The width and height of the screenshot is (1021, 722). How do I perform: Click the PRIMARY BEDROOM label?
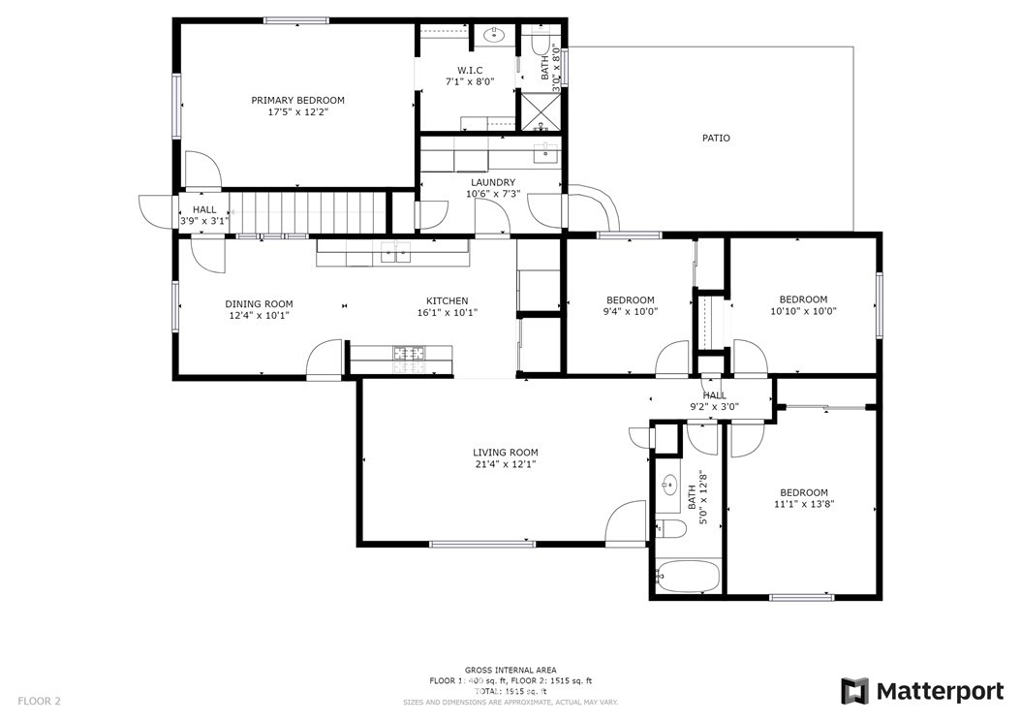click(x=297, y=100)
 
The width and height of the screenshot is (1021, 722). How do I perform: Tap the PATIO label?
click(x=716, y=138)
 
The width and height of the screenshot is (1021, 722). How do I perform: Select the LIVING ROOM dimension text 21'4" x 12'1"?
click(x=505, y=464)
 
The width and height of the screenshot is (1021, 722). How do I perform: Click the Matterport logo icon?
click(x=854, y=691)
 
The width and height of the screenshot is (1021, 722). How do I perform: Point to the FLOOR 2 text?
click(x=39, y=700)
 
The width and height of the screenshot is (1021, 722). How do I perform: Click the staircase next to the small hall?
click(x=307, y=211)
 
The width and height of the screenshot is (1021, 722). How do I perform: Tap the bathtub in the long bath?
click(x=687, y=577)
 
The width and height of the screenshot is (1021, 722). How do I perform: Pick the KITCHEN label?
click(x=447, y=301)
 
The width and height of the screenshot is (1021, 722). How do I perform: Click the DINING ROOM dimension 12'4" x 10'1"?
click(x=259, y=315)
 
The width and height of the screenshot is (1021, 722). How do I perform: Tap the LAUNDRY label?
click(x=492, y=182)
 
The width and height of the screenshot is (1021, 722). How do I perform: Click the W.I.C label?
click(x=470, y=70)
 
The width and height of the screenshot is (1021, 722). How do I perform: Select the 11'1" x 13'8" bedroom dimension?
click(x=803, y=504)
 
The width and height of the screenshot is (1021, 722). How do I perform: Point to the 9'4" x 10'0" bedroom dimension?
click(x=630, y=312)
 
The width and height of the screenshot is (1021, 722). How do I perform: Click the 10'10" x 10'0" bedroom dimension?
click(x=803, y=312)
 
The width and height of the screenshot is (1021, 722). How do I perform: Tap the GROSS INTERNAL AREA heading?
click(x=510, y=670)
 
